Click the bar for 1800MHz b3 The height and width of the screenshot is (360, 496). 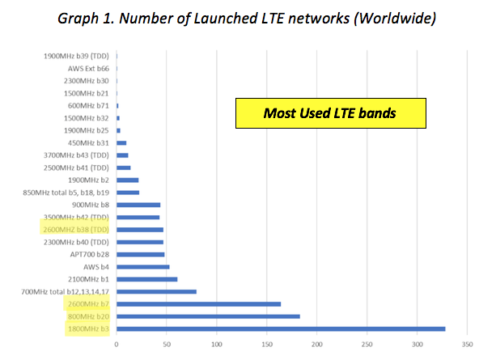[x=281, y=328]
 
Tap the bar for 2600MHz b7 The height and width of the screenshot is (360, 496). [x=198, y=304]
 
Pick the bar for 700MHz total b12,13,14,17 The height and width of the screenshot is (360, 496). [x=156, y=291]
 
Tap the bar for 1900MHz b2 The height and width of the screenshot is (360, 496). [x=127, y=180]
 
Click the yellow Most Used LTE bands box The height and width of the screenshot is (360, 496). [x=329, y=112]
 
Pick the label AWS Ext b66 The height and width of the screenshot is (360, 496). [x=87, y=69]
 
